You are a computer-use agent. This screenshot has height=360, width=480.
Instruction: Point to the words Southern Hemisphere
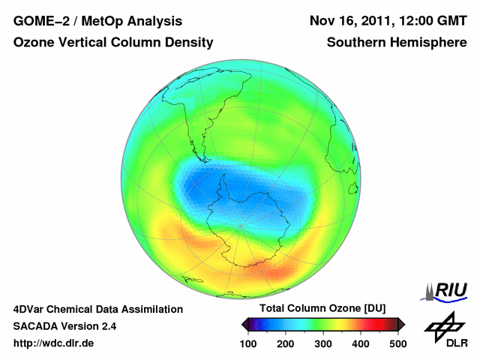coord(397,43)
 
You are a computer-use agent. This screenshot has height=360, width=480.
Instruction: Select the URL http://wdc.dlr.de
coord(54,343)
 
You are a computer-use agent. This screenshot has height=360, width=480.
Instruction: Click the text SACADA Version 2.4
coord(64,326)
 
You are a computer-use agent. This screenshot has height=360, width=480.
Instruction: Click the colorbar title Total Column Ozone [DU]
coord(323,309)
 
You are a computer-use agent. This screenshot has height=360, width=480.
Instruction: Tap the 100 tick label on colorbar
coord(249,343)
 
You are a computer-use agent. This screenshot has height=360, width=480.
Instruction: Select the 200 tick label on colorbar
coord(286,343)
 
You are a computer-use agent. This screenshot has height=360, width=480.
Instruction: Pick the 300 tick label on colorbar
coord(323,343)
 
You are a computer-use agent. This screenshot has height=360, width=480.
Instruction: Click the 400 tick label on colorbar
coord(361,343)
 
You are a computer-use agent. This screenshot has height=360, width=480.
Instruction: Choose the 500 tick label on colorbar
coord(397,343)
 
